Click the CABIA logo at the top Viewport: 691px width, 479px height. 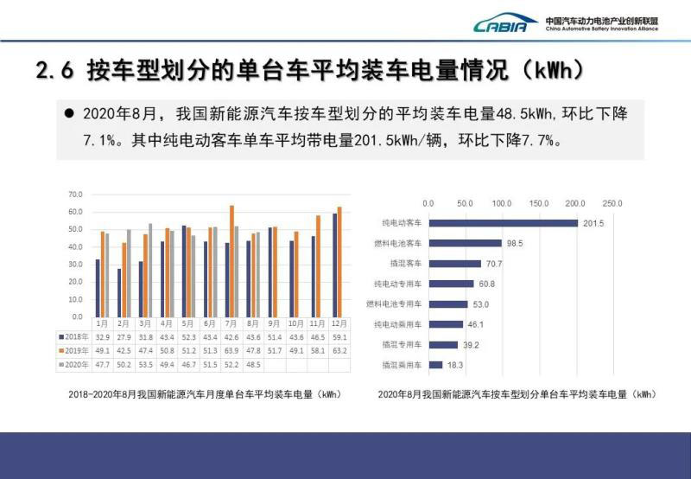coord(506,24)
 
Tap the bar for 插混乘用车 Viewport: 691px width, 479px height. coord(435,365)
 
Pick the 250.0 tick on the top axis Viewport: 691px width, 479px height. coord(612,203)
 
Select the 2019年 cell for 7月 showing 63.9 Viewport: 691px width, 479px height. coord(231,350)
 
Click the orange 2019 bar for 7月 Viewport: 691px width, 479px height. coord(231,260)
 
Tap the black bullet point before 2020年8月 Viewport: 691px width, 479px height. coord(70,114)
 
